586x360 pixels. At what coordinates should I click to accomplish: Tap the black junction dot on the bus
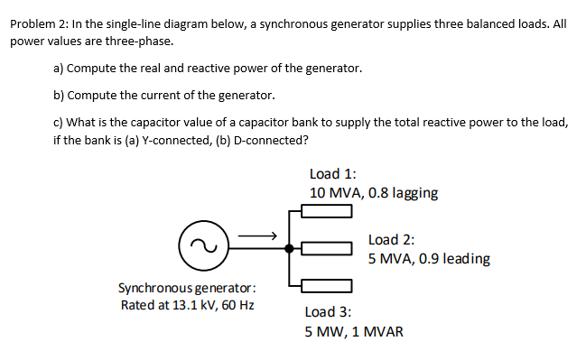(x=289, y=247)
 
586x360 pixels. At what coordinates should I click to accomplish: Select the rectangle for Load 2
(x=326, y=247)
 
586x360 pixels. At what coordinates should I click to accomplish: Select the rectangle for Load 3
(x=326, y=284)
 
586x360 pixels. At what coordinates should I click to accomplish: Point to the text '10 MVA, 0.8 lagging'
(x=374, y=192)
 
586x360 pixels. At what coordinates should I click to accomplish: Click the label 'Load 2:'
(x=392, y=239)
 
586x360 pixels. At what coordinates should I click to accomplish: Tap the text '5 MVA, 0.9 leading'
(x=429, y=259)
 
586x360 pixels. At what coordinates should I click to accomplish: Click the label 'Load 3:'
(x=329, y=311)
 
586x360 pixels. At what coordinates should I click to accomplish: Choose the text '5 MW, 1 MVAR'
(x=354, y=331)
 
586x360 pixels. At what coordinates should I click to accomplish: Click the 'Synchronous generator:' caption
(x=187, y=288)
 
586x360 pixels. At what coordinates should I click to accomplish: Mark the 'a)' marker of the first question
(x=60, y=69)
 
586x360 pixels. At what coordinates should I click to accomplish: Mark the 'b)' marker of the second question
(x=60, y=95)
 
